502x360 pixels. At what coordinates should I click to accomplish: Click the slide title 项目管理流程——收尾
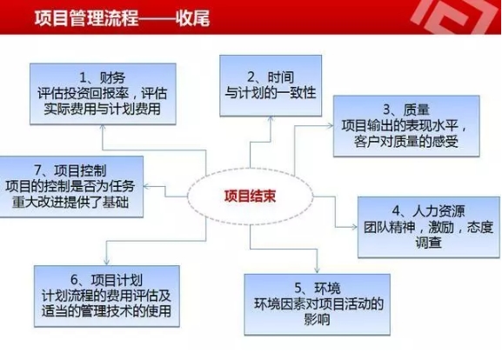(x=122, y=17)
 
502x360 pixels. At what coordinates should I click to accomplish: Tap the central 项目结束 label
(x=250, y=197)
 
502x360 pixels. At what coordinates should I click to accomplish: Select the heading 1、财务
(x=103, y=77)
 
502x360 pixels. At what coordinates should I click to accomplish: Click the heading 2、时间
(x=271, y=77)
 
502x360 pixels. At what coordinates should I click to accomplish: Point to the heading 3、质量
(x=406, y=110)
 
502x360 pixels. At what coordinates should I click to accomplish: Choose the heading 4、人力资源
(x=428, y=211)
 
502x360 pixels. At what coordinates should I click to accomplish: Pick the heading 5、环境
(x=318, y=289)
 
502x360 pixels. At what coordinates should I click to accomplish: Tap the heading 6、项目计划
(x=106, y=280)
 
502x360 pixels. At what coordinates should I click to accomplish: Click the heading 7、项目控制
(x=70, y=170)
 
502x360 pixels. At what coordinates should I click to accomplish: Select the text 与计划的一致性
(x=271, y=93)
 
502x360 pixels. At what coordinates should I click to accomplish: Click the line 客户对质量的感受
(x=406, y=142)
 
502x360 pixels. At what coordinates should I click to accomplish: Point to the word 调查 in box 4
(x=428, y=243)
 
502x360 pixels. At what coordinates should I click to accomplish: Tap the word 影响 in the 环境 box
(x=317, y=319)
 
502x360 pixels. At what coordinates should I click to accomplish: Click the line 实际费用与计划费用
(x=102, y=109)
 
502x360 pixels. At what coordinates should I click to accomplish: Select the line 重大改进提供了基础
(x=70, y=202)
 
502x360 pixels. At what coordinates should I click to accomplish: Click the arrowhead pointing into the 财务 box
(x=103, y=127)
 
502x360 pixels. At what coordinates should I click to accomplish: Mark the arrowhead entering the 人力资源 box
(x=354, y=227)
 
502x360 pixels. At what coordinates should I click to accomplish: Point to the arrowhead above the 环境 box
(x=317, y=270)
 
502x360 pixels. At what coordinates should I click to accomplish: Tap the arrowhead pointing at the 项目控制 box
(x=146, y=186)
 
